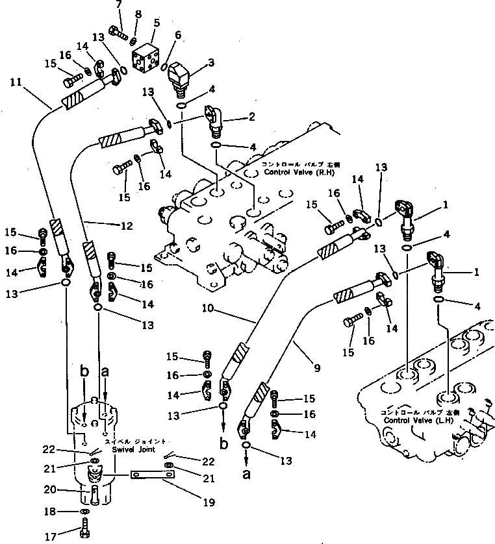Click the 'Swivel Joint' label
pos(132,449)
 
